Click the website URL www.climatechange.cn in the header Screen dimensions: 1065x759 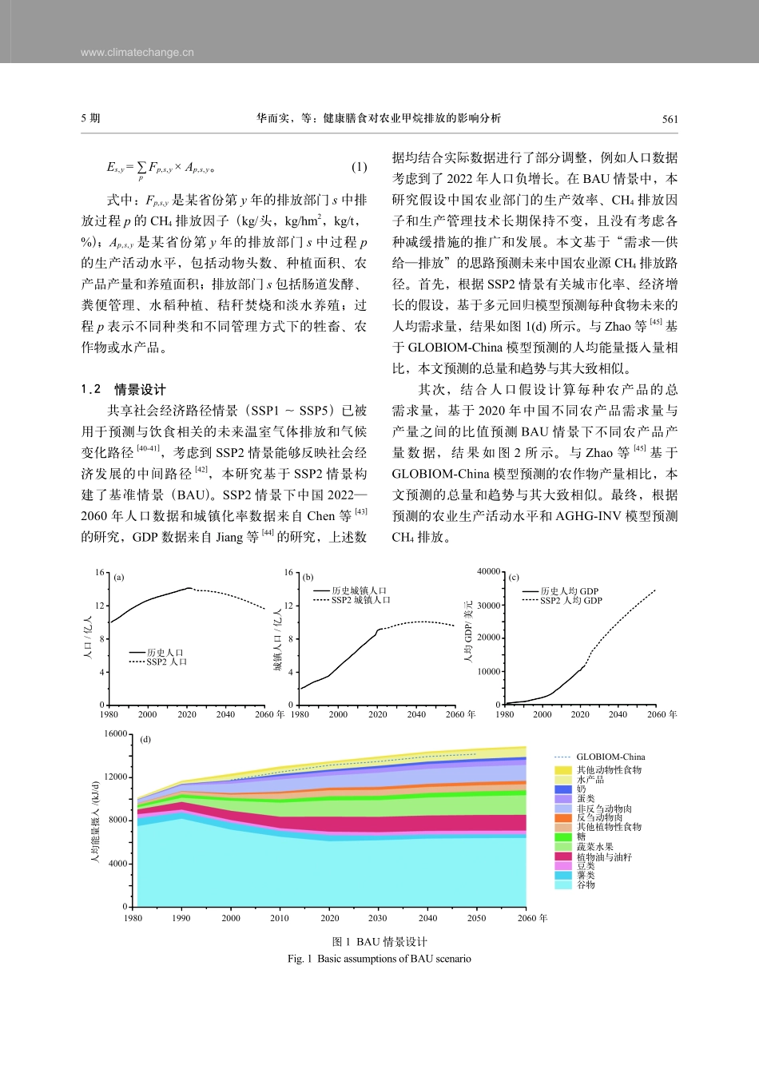137,53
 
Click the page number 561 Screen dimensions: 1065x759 670,119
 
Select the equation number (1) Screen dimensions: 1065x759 359,167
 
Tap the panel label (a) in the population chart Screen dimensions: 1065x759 119,577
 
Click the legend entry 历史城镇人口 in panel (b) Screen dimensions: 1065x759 360,590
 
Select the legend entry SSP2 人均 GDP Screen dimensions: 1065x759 570,601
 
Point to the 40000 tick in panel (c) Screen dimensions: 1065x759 488,572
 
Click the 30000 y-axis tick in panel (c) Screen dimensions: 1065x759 488,606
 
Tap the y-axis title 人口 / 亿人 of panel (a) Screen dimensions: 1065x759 89,638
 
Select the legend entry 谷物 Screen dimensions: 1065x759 586,884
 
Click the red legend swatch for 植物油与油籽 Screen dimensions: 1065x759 563,856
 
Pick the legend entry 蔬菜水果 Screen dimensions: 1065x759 594,847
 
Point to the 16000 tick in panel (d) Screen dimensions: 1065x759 116,733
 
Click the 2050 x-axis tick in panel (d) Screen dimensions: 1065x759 476,918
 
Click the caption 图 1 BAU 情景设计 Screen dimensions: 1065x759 379,942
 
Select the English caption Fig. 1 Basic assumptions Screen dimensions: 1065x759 379,959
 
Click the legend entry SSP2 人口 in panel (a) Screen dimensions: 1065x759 166,662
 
